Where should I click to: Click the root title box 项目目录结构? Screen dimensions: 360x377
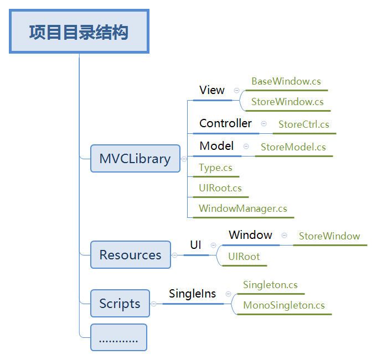click(79, 32)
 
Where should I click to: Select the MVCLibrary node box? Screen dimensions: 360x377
click(135, 159)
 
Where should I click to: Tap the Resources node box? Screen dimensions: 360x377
click(130, 255)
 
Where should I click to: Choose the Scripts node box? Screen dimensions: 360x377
click(120, 304)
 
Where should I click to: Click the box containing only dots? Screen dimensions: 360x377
click(118, 338)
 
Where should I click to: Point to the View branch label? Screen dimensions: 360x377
click(212, 90)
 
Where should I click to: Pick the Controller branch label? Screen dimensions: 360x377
click(225, 123)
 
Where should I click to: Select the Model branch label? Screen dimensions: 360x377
click(216, 146)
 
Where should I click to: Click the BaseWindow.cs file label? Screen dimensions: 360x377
click(286, 81)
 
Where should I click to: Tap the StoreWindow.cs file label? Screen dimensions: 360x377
click(287, 102)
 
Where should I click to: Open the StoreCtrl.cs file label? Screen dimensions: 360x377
click(304, 124)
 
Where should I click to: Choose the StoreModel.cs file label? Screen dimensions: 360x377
click(293, 147)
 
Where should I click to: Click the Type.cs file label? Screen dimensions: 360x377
click(215, 168)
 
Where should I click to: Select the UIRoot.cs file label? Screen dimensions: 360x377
click(220, 188)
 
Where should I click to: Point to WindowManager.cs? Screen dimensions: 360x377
click(243, 208)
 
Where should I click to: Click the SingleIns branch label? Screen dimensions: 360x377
click(192, 294)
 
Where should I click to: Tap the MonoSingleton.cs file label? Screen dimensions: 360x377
click(284, 305)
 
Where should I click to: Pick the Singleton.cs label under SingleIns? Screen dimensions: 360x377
click(270, 285)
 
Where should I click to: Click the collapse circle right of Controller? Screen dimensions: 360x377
click(264, 124)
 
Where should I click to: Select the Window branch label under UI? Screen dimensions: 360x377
click(250, 235)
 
